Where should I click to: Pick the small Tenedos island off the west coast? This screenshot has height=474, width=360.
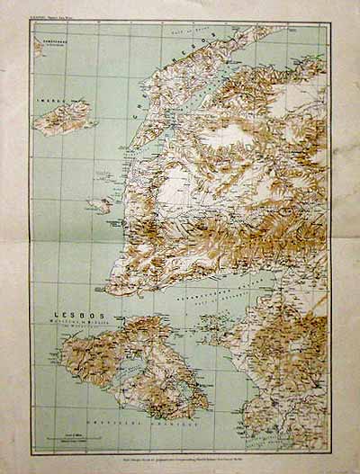pyautogui.click(x=101, y=205)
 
